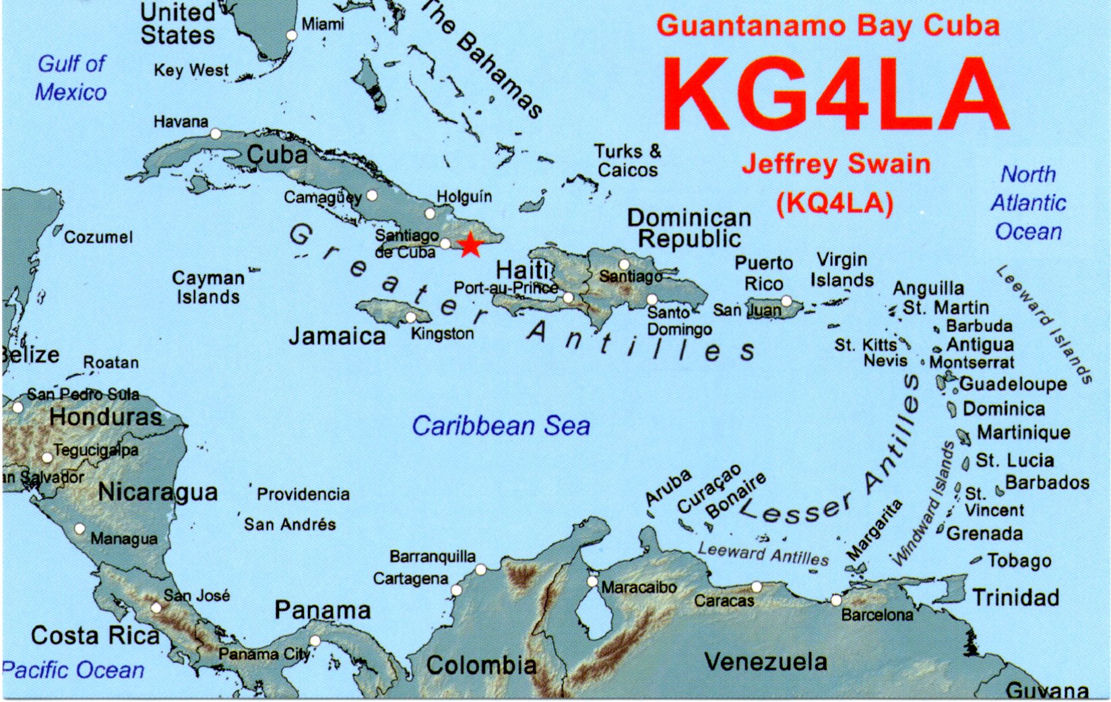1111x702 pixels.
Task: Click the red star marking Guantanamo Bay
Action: pyautogui.click(x=470, y=245)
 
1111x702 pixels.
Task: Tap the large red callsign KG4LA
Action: pyautogui.click(x=835, y=95)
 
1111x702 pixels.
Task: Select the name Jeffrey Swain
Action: pyautogui.click(x=835, y=164)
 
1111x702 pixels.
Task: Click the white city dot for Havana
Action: pyautogui.click(x=216, y=133)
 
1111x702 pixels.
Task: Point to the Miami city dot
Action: pyautogui.click(x=292, y=35)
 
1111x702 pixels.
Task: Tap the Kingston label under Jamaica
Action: pyautogui.click(x=443, y=333)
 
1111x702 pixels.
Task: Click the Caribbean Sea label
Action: pyautogui.click(x=501, y=426)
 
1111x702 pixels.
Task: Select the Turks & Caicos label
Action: pyautogui.click(x=627, y=160)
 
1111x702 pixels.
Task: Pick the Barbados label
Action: pyautogui.click(x=1047, y=482)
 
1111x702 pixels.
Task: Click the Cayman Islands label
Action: pyautogui.click(x=208, y=287)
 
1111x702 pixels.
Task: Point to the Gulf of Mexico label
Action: pyautogui.click(x=71, y=78)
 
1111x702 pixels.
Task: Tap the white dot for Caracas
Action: pyautogui.click(x=757, y=587)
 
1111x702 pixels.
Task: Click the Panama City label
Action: pyautogui.click(x=263, y=654)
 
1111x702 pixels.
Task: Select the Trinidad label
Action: pyautogui.click(x=1015, y=598)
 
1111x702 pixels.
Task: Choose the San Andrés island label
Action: pyautogui.click(x=290, y=524)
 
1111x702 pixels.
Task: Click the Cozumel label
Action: pyautogui.click(x=98, y=237)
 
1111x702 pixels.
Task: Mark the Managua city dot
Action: pyautogui.click(x=80, y=529)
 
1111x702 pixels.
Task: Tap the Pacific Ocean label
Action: pyautogui.click(x=73, y=670)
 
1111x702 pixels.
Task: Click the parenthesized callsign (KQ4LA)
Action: pyautogui.click(x=835, y=203)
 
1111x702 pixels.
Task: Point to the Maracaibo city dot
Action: pyautogui.click(x=592, y=581)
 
